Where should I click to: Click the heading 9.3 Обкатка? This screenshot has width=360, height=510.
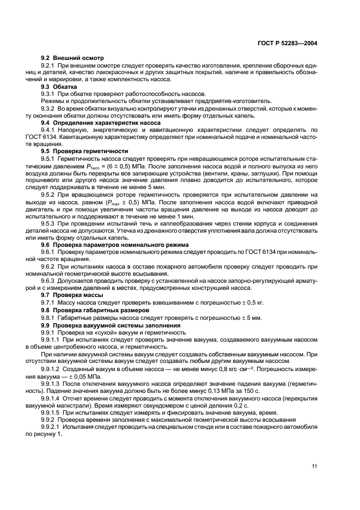[x=59, y=87]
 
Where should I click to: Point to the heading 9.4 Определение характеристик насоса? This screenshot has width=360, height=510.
[x=93, y=123]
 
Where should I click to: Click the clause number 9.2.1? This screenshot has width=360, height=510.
[x=50, y=65]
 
